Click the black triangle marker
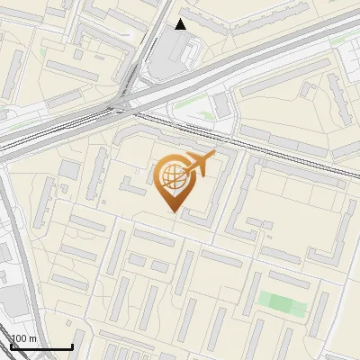pyautogui.click(x=181, y=24)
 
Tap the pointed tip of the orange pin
pyautogui.click(x=171, y=211)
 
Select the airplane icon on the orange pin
pyautogui.click(x=198, y=165)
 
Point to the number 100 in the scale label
pyautogui.click(x=19, y=338)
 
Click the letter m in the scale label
pyautogui.click(x=32, y=338)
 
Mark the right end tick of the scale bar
pyautogui.click(x=71, y=346)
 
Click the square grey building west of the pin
pyautogui.click(x=69, y=168)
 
